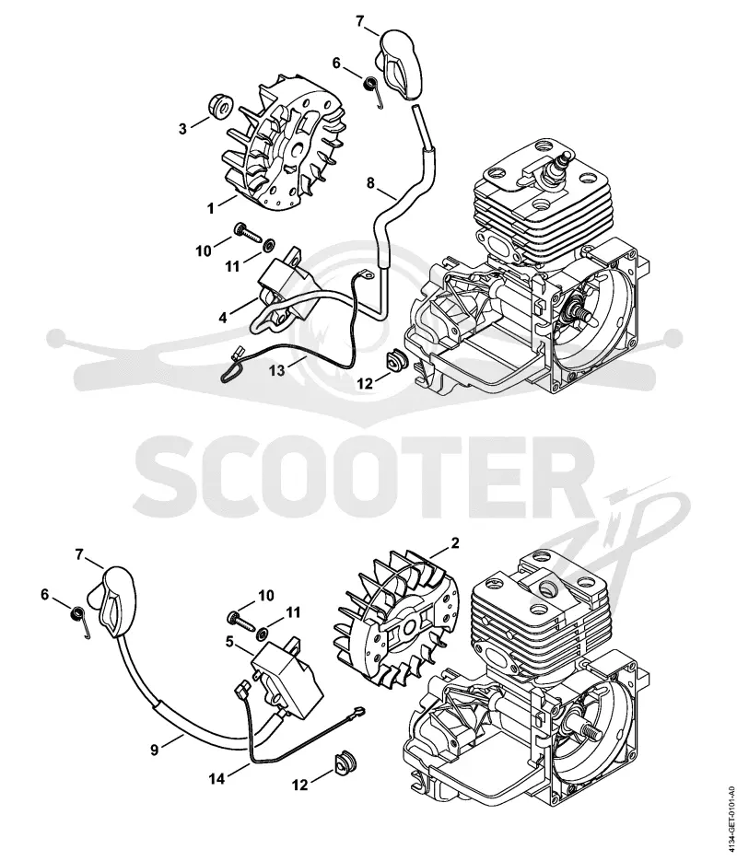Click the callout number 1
coord(210,209)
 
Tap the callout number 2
coord(455,543)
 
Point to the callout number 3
coord(183,129)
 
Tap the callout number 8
coord(370,183)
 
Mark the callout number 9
coord(155,750)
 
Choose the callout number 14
coord(216,778)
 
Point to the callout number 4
coord(223,318)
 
